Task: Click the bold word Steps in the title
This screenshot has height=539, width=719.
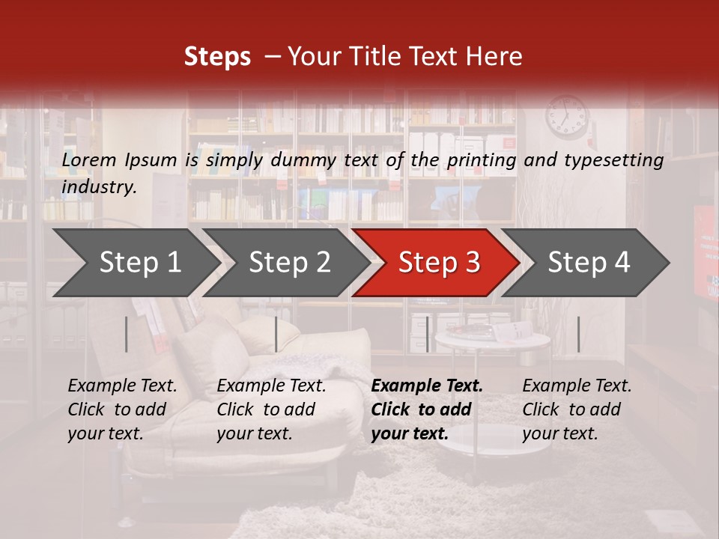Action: pyautogui.click(x=217, y=57)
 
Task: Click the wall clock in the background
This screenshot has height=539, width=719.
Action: pyautogui.click(x=567, y=116)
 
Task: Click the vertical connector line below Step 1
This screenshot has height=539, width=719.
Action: pyautogui.click(x=127, y=334)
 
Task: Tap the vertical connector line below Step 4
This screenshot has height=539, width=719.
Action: pyautogui.click(x=578, y=334)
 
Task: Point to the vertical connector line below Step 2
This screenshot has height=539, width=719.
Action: pyautogui.click(x=276, y=334)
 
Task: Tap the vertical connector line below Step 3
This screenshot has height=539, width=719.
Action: pyautogui.click(x=427, y=334)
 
